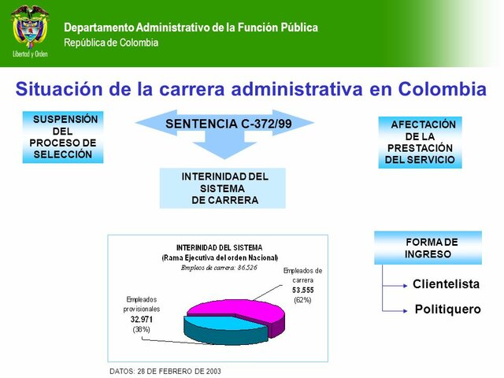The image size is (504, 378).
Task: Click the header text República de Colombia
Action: click(110, 42)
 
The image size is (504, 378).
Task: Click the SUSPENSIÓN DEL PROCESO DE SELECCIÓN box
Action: click(63, 137)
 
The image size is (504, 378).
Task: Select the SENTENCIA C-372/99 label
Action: click(224, 124)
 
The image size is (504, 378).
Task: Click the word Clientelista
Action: click(446, 283)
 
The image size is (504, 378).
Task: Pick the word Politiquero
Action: click(447, 309)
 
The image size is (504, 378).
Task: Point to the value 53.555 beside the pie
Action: click(303, 290)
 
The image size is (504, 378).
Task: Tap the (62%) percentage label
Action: click(302, 300)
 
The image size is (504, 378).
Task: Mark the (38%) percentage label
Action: click(141, 330)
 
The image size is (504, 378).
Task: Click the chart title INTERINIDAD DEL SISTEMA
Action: click(219, 247)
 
